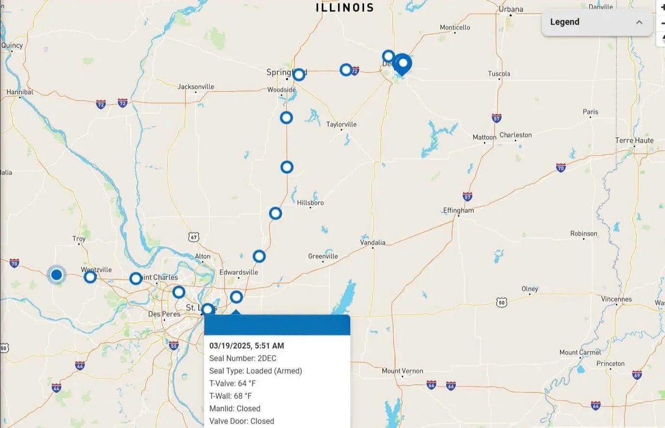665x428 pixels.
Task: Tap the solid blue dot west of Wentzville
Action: coord(57,275)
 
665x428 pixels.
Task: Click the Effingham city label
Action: coord(458,211)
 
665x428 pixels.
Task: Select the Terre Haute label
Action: coord(634,141)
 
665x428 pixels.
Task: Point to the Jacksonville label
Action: coord(196,87)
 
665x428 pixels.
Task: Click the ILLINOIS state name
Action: coord(345,7)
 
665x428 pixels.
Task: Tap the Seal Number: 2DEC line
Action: coord(242,358)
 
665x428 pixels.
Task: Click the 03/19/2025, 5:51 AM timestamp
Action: coord(246,346)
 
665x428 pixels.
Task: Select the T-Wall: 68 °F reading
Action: coord(230,396)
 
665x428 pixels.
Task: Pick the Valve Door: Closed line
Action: coord(241,421)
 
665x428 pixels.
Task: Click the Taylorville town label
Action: coord(341,125)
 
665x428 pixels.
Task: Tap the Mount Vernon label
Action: coord(402,371)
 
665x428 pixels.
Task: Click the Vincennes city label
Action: coord(616,299)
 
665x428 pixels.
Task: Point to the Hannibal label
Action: coord(20,92)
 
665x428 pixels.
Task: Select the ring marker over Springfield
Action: coord(299,74)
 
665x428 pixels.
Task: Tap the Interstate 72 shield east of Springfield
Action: coord(355,71)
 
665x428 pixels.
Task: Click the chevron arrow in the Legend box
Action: coord(639,22)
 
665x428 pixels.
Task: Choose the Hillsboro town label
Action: coord(310,203)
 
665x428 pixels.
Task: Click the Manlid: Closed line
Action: coord(235,409)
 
